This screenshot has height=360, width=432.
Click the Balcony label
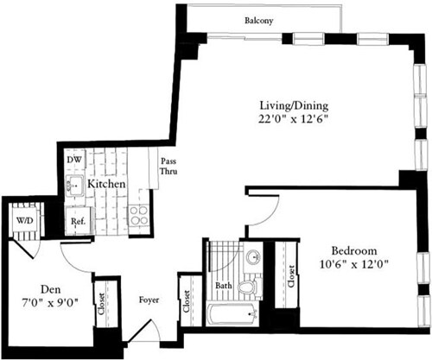258,21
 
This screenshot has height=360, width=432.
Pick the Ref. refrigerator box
79,220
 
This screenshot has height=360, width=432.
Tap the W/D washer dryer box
22,219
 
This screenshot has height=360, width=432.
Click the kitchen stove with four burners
137,217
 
